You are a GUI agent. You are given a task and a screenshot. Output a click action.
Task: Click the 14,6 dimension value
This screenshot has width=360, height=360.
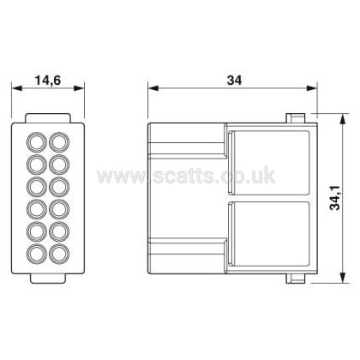click(x=48, y=81)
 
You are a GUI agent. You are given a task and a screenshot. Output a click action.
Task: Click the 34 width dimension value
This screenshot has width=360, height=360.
click(x=234, y=81)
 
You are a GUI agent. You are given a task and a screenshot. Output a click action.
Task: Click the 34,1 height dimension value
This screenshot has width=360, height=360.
click(x=335, y=198)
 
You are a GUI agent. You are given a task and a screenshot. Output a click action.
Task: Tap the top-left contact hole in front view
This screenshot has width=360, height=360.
click(x=37, y=142)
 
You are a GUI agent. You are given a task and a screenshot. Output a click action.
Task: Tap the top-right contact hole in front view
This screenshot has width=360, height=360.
click(x=59, y=142)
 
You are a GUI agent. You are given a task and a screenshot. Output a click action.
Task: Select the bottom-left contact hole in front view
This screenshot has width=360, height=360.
click(x=37, y=254)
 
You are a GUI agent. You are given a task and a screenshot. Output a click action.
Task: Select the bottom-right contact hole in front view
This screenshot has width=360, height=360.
click(x=59, y=254)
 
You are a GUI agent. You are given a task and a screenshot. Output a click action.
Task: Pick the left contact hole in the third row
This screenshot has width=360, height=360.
click(x=37, y=187)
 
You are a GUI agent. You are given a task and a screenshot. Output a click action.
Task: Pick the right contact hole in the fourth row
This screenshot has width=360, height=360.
click(x=59, y=209)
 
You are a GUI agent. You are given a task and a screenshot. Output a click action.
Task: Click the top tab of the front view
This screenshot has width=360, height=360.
click(x=48, y=118)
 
